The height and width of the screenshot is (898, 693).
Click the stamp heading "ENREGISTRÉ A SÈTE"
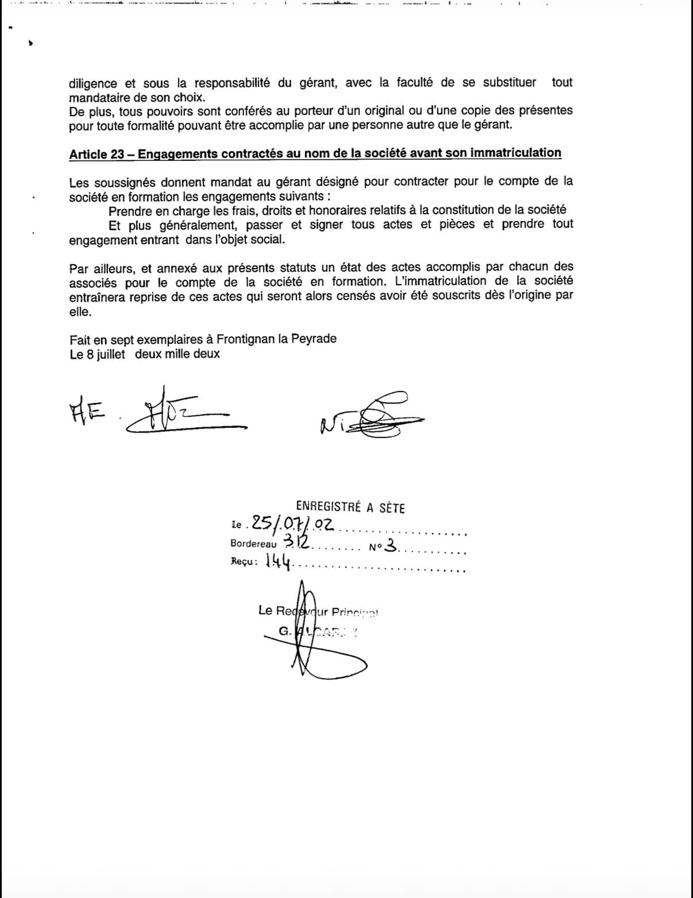click(x=351, y=507)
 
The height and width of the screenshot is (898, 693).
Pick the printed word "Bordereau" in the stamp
click(x=253, y=543)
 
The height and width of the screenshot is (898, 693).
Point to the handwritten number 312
click(x=297, y=541)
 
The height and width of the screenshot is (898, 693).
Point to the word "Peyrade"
click(x=314, y=339)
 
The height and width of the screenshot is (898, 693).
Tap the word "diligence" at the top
click(x=93, y=83)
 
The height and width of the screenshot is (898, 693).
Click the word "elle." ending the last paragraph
click(x=80, y=312)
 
